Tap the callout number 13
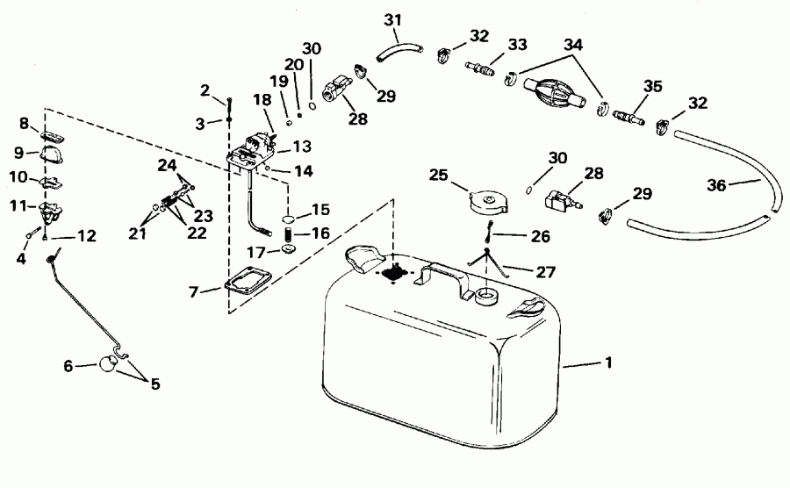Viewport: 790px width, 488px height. click(301, 146)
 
